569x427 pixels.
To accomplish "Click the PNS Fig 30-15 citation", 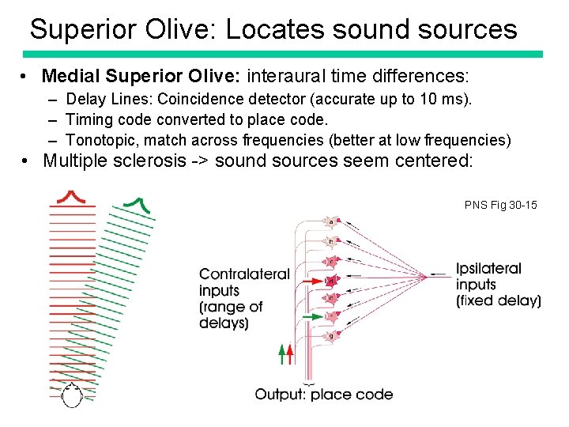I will [500, 205].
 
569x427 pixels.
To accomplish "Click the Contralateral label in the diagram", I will [244, 274].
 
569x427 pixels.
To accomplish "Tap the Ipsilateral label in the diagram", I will [488, 269].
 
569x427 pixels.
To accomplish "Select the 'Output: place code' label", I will [323, 394].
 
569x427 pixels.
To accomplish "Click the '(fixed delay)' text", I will [499, 300].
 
